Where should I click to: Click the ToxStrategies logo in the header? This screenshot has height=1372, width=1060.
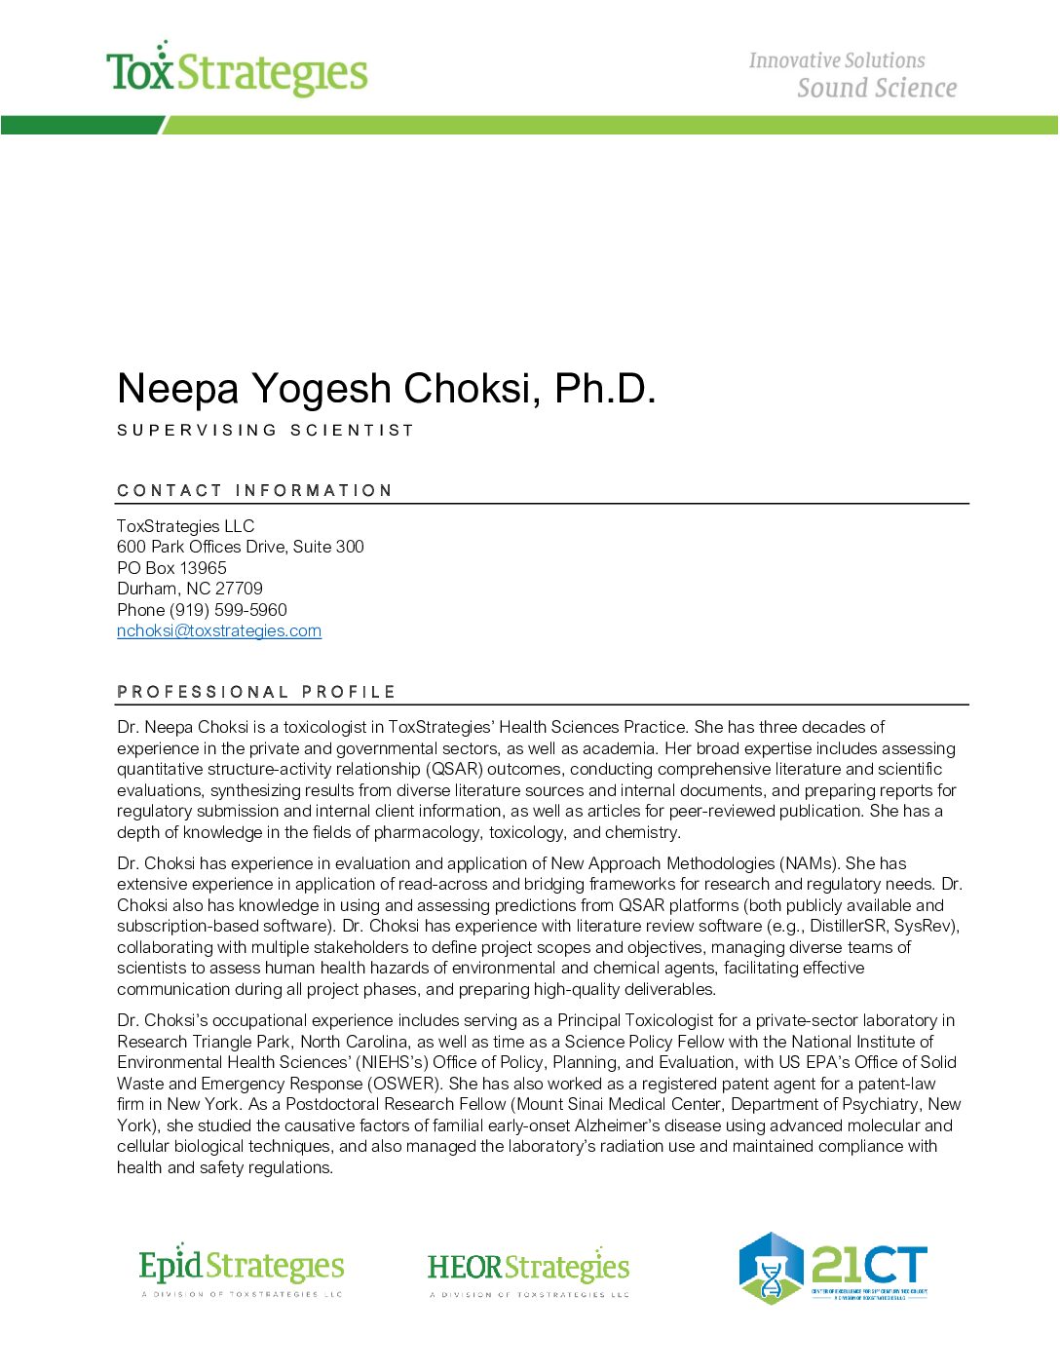click(237, 71)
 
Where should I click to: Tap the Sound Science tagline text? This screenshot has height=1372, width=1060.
click(876, 89)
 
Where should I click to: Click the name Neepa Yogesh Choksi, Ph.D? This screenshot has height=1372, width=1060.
click(386, 389)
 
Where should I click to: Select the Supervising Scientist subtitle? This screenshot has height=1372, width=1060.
click(265, 431)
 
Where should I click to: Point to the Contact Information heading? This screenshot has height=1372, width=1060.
click(254, 490)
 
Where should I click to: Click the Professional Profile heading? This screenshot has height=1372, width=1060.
click(256, 692)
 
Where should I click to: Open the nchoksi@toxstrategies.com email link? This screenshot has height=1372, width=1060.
click(219, 630)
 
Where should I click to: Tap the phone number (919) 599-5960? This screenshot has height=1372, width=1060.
click(228, 610)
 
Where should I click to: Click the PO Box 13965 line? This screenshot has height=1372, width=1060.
click(171, 568)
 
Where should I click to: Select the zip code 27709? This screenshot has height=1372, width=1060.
click(239, 589)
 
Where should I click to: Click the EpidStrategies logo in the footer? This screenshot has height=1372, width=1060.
click(242, 1270)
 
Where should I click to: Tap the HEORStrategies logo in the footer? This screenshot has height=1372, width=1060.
click(528, 1270)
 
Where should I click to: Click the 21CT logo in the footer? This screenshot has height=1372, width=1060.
click(833, 1268)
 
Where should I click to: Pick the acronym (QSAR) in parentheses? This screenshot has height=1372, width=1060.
click(454, 769)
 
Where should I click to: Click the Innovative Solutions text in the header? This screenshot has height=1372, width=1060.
click(836, 60)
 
